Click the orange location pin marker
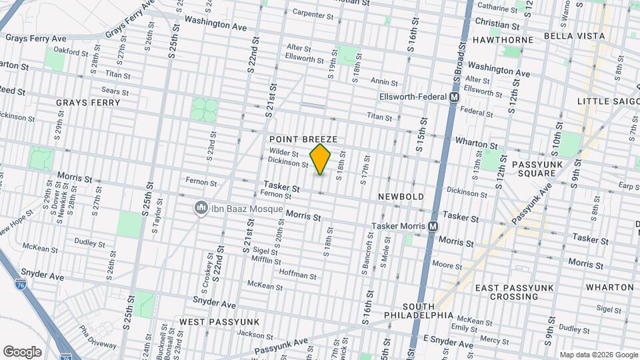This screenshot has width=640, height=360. point(321,159)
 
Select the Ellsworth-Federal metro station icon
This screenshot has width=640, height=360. point(455,97)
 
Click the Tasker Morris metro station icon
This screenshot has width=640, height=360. point(433,227)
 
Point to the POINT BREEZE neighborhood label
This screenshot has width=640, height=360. point(303,139)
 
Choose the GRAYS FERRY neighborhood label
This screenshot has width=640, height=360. point(88,103)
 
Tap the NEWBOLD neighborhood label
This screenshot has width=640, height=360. point(400,197)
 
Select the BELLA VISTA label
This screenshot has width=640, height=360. point(574,36)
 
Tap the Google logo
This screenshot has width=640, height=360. point(22,351)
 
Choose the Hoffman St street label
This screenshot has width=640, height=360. point(297,275)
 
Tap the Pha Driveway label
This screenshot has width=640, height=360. point(97,333)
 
